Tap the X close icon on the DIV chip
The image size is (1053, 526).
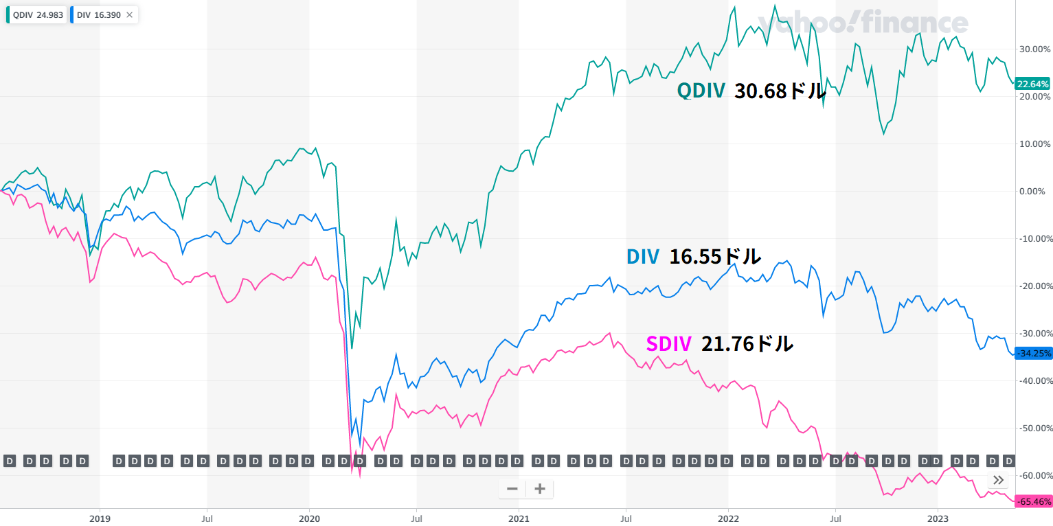click(130, 15)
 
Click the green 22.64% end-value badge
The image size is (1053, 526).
click(1033, 84)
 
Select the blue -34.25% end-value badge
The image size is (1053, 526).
click(1033, 354)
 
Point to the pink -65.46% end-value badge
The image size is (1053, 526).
click(1033, 501)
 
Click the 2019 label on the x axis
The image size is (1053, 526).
click(100, 518)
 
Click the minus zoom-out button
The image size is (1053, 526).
click(512, 489)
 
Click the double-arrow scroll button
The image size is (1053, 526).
click(998, 480)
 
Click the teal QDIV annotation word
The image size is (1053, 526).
click(701, 91)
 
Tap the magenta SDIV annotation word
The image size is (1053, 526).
click(668, 343)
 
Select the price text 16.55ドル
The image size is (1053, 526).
click(715, 257)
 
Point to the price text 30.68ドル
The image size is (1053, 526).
click(780, 91)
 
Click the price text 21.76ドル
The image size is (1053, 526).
click(747, 343)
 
